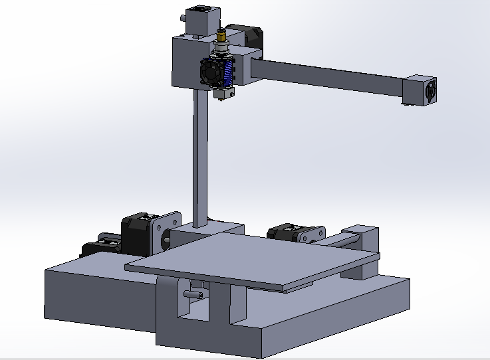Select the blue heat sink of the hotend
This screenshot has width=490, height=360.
point(230,72)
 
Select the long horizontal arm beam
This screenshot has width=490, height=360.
point(332,77)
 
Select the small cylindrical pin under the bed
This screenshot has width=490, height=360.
point(195,290)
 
